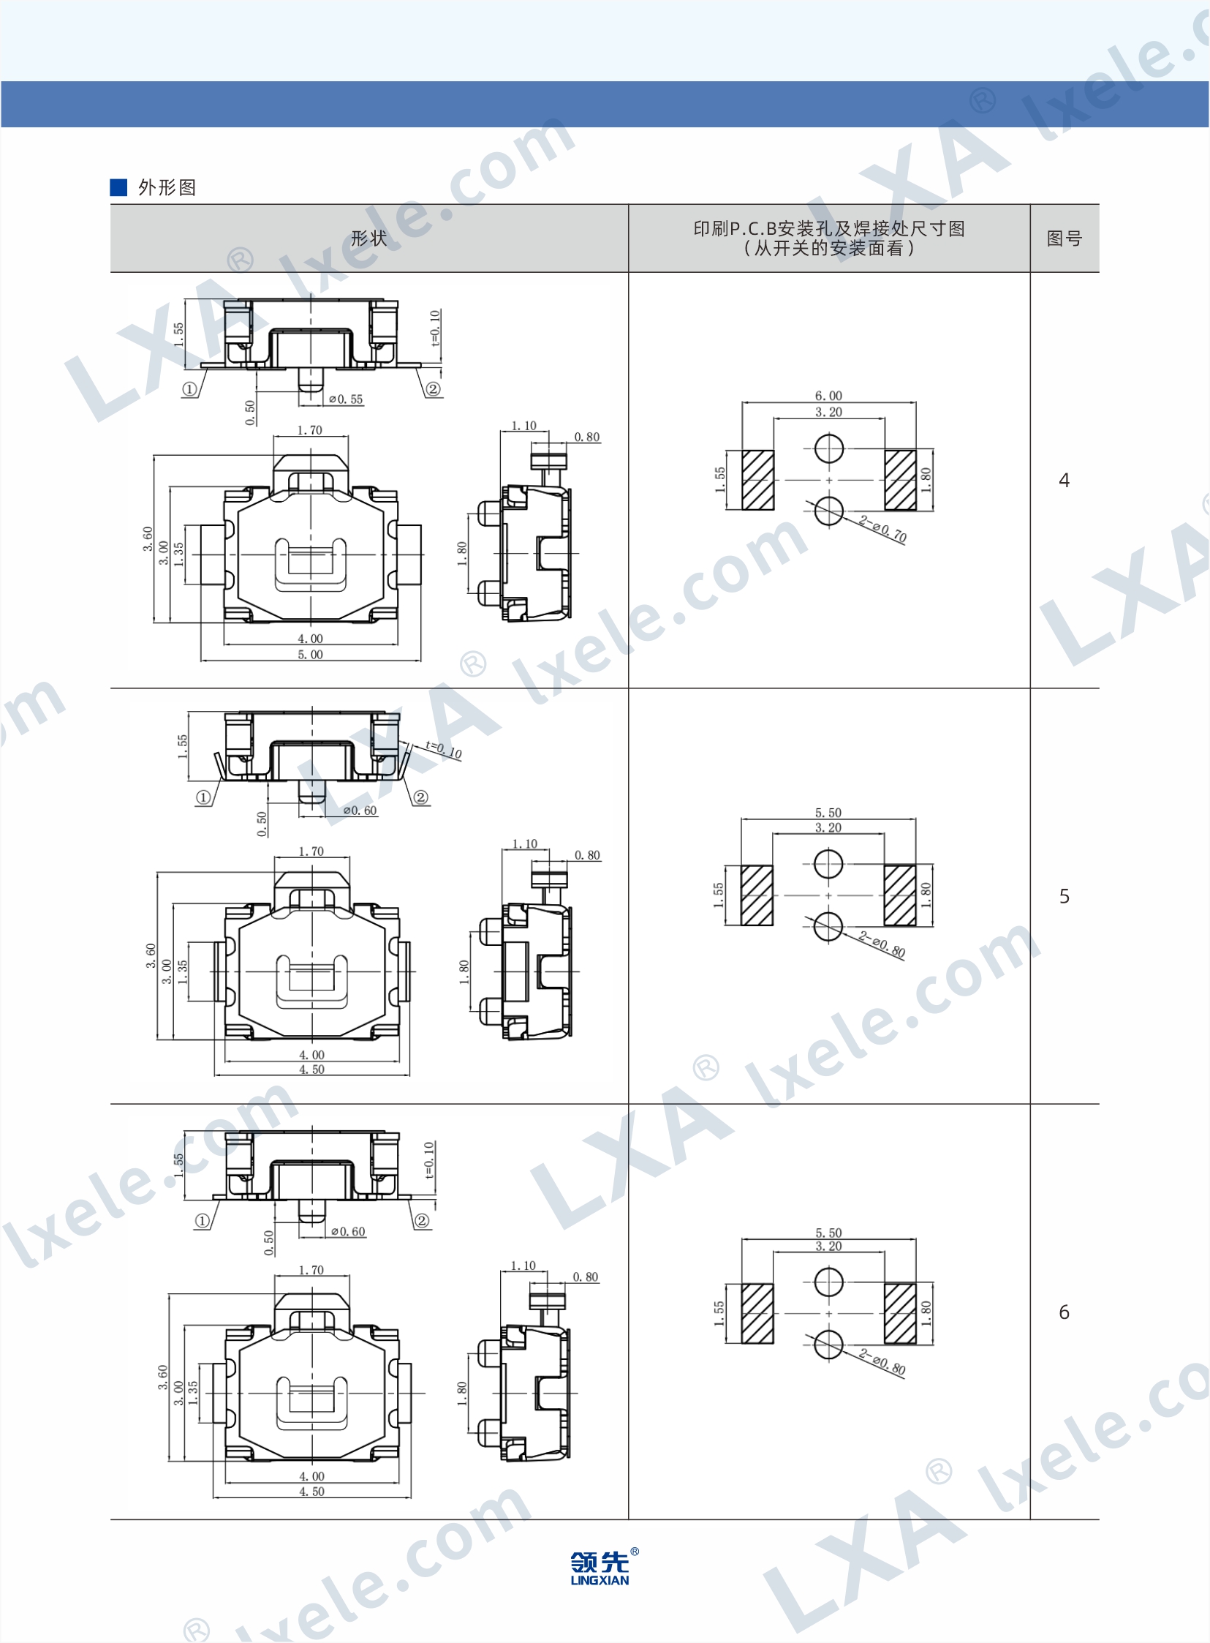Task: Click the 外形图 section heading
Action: click(167, 187)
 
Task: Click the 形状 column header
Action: click(369, 238)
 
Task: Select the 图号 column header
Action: click(1065, 238)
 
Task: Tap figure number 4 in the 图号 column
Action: click(1065, 480)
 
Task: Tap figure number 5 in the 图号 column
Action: click(1065, 895)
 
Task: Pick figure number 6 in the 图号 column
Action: click(1065, 1312)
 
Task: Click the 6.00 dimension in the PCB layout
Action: click(828, 396)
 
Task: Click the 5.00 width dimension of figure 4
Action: click(311, 655)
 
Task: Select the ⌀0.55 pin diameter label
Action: click(346, 399)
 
